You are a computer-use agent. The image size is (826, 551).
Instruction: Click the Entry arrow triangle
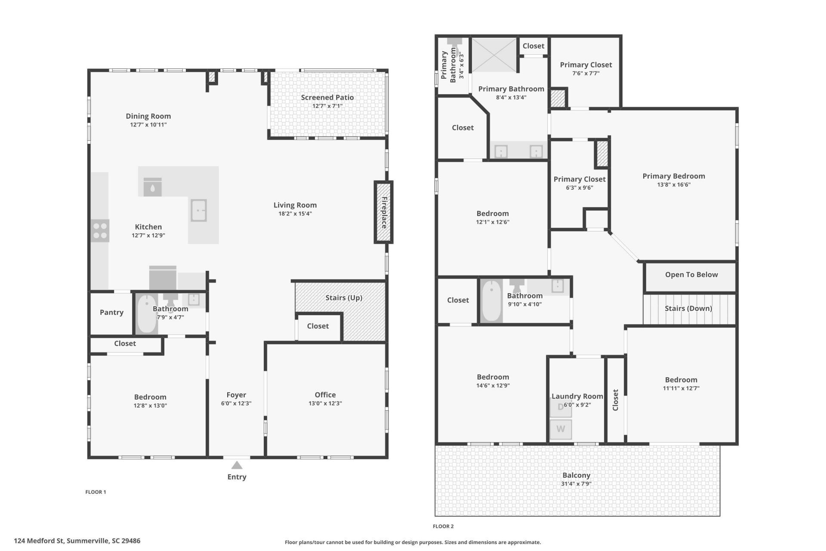[x=237, y=465]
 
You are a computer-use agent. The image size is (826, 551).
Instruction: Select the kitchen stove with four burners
[x=100, y=231]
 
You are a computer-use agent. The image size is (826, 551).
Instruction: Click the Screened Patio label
[x=327, y=97]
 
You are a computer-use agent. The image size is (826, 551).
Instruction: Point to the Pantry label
[x=111, y=313]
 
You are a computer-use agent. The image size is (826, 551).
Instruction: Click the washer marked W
[x=561, y=429]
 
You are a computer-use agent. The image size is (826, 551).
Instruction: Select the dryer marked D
[x=561, y=407]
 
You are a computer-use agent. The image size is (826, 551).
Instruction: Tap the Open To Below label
[x=691, y=275]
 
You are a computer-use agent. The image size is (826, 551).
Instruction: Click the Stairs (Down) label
[x=688, y=309]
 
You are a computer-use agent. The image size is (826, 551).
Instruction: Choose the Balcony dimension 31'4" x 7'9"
[x=576, y=484]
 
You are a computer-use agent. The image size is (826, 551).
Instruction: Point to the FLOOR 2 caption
[x=443, y=526]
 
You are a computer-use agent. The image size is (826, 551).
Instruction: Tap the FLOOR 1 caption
[x=96, y=492]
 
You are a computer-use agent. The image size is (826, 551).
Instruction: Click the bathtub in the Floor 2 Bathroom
[x=491, y=301]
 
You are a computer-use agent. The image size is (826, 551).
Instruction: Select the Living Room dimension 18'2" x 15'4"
[x=295, y=214]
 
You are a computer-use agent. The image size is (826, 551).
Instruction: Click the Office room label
[x=325, y=395]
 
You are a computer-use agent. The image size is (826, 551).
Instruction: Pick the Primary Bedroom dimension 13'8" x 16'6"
[x=674, y=185]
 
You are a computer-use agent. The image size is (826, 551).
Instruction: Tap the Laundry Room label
[x=577, y=396]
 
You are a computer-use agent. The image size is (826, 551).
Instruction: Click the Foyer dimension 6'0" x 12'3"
[x=236, y=403]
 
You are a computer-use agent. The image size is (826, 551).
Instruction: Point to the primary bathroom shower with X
[x=494, y=55]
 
